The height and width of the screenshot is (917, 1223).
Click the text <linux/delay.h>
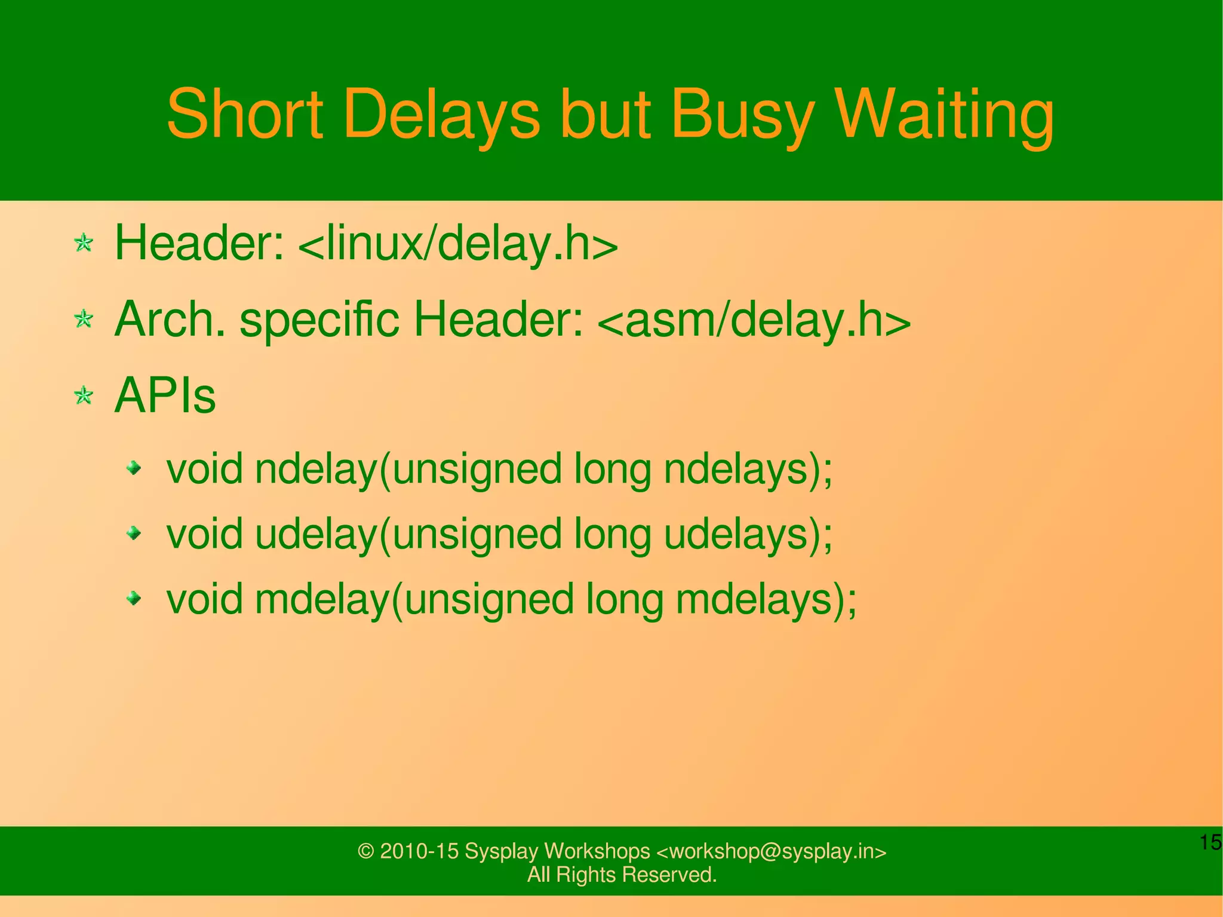pos(457,244)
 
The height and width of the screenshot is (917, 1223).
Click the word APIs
pos(165,395)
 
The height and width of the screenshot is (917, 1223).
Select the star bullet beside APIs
pos(84,395)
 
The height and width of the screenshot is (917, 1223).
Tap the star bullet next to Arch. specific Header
pos(84,319)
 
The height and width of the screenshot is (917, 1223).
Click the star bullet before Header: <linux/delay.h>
pos(84,243)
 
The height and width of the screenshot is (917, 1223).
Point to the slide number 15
pos(1210,842)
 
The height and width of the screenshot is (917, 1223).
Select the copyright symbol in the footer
pos(365,851)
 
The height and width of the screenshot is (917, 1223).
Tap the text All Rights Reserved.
pos(622,875)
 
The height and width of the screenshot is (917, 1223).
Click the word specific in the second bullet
pos(319,321)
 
